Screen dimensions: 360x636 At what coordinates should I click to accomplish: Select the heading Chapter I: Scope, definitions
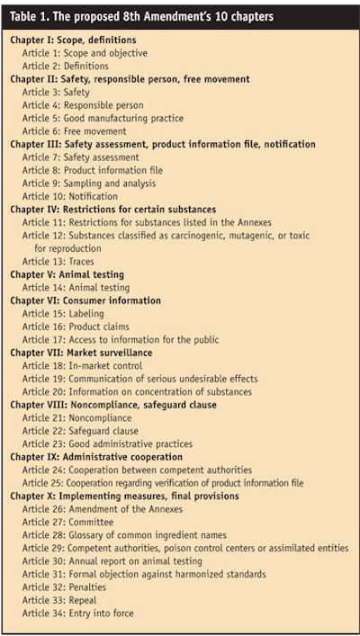tap(74, 40)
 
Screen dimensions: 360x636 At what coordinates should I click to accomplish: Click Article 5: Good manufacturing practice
tap(103, 118)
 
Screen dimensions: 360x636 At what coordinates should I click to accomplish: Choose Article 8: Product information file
tap(94, 170)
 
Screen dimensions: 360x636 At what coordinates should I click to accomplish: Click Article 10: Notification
tap(70, 196)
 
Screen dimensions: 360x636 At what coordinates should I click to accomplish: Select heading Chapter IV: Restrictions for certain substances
tap(113, 209)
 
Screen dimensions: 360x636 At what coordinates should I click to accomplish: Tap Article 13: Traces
tap(58, 261)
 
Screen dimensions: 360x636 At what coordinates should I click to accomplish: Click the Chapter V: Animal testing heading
tap(67, 274)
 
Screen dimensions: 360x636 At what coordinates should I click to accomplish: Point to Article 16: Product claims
tap(76, 327)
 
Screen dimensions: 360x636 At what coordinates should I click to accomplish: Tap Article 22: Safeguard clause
tap(81, 431)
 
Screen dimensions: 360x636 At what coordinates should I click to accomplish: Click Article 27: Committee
tap(68, 522)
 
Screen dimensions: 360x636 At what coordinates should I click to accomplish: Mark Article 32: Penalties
tap(67, 587)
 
